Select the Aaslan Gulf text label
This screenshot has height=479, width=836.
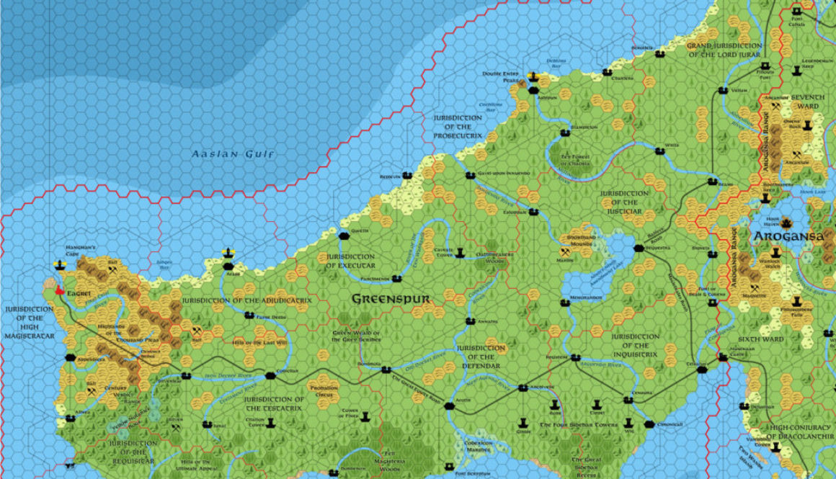point(234,154)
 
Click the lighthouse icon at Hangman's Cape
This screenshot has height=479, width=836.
point(60,264)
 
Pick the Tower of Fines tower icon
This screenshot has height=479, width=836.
point(365,417)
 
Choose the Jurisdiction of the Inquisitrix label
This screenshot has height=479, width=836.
point(635,344)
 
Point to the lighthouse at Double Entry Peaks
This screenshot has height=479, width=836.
point(533,76)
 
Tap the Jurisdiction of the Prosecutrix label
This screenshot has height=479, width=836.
point(458,127)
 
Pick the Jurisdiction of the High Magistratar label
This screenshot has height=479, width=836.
point(30,322)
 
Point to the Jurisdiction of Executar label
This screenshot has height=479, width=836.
point(350,261)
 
